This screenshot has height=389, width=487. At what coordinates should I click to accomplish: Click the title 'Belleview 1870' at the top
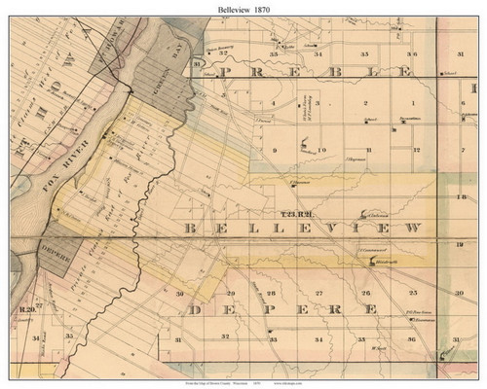point(243,9)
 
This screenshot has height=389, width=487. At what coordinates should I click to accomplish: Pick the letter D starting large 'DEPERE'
point(198,309)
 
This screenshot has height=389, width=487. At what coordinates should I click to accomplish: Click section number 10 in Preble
point(320,151)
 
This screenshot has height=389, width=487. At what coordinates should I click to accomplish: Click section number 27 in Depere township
point(318,292)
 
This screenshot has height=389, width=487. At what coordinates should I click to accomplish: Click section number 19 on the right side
point(459,248)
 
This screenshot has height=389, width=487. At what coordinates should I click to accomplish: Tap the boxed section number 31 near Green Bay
point(198,64)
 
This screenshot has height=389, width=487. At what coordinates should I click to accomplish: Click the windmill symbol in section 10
point(307,147)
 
